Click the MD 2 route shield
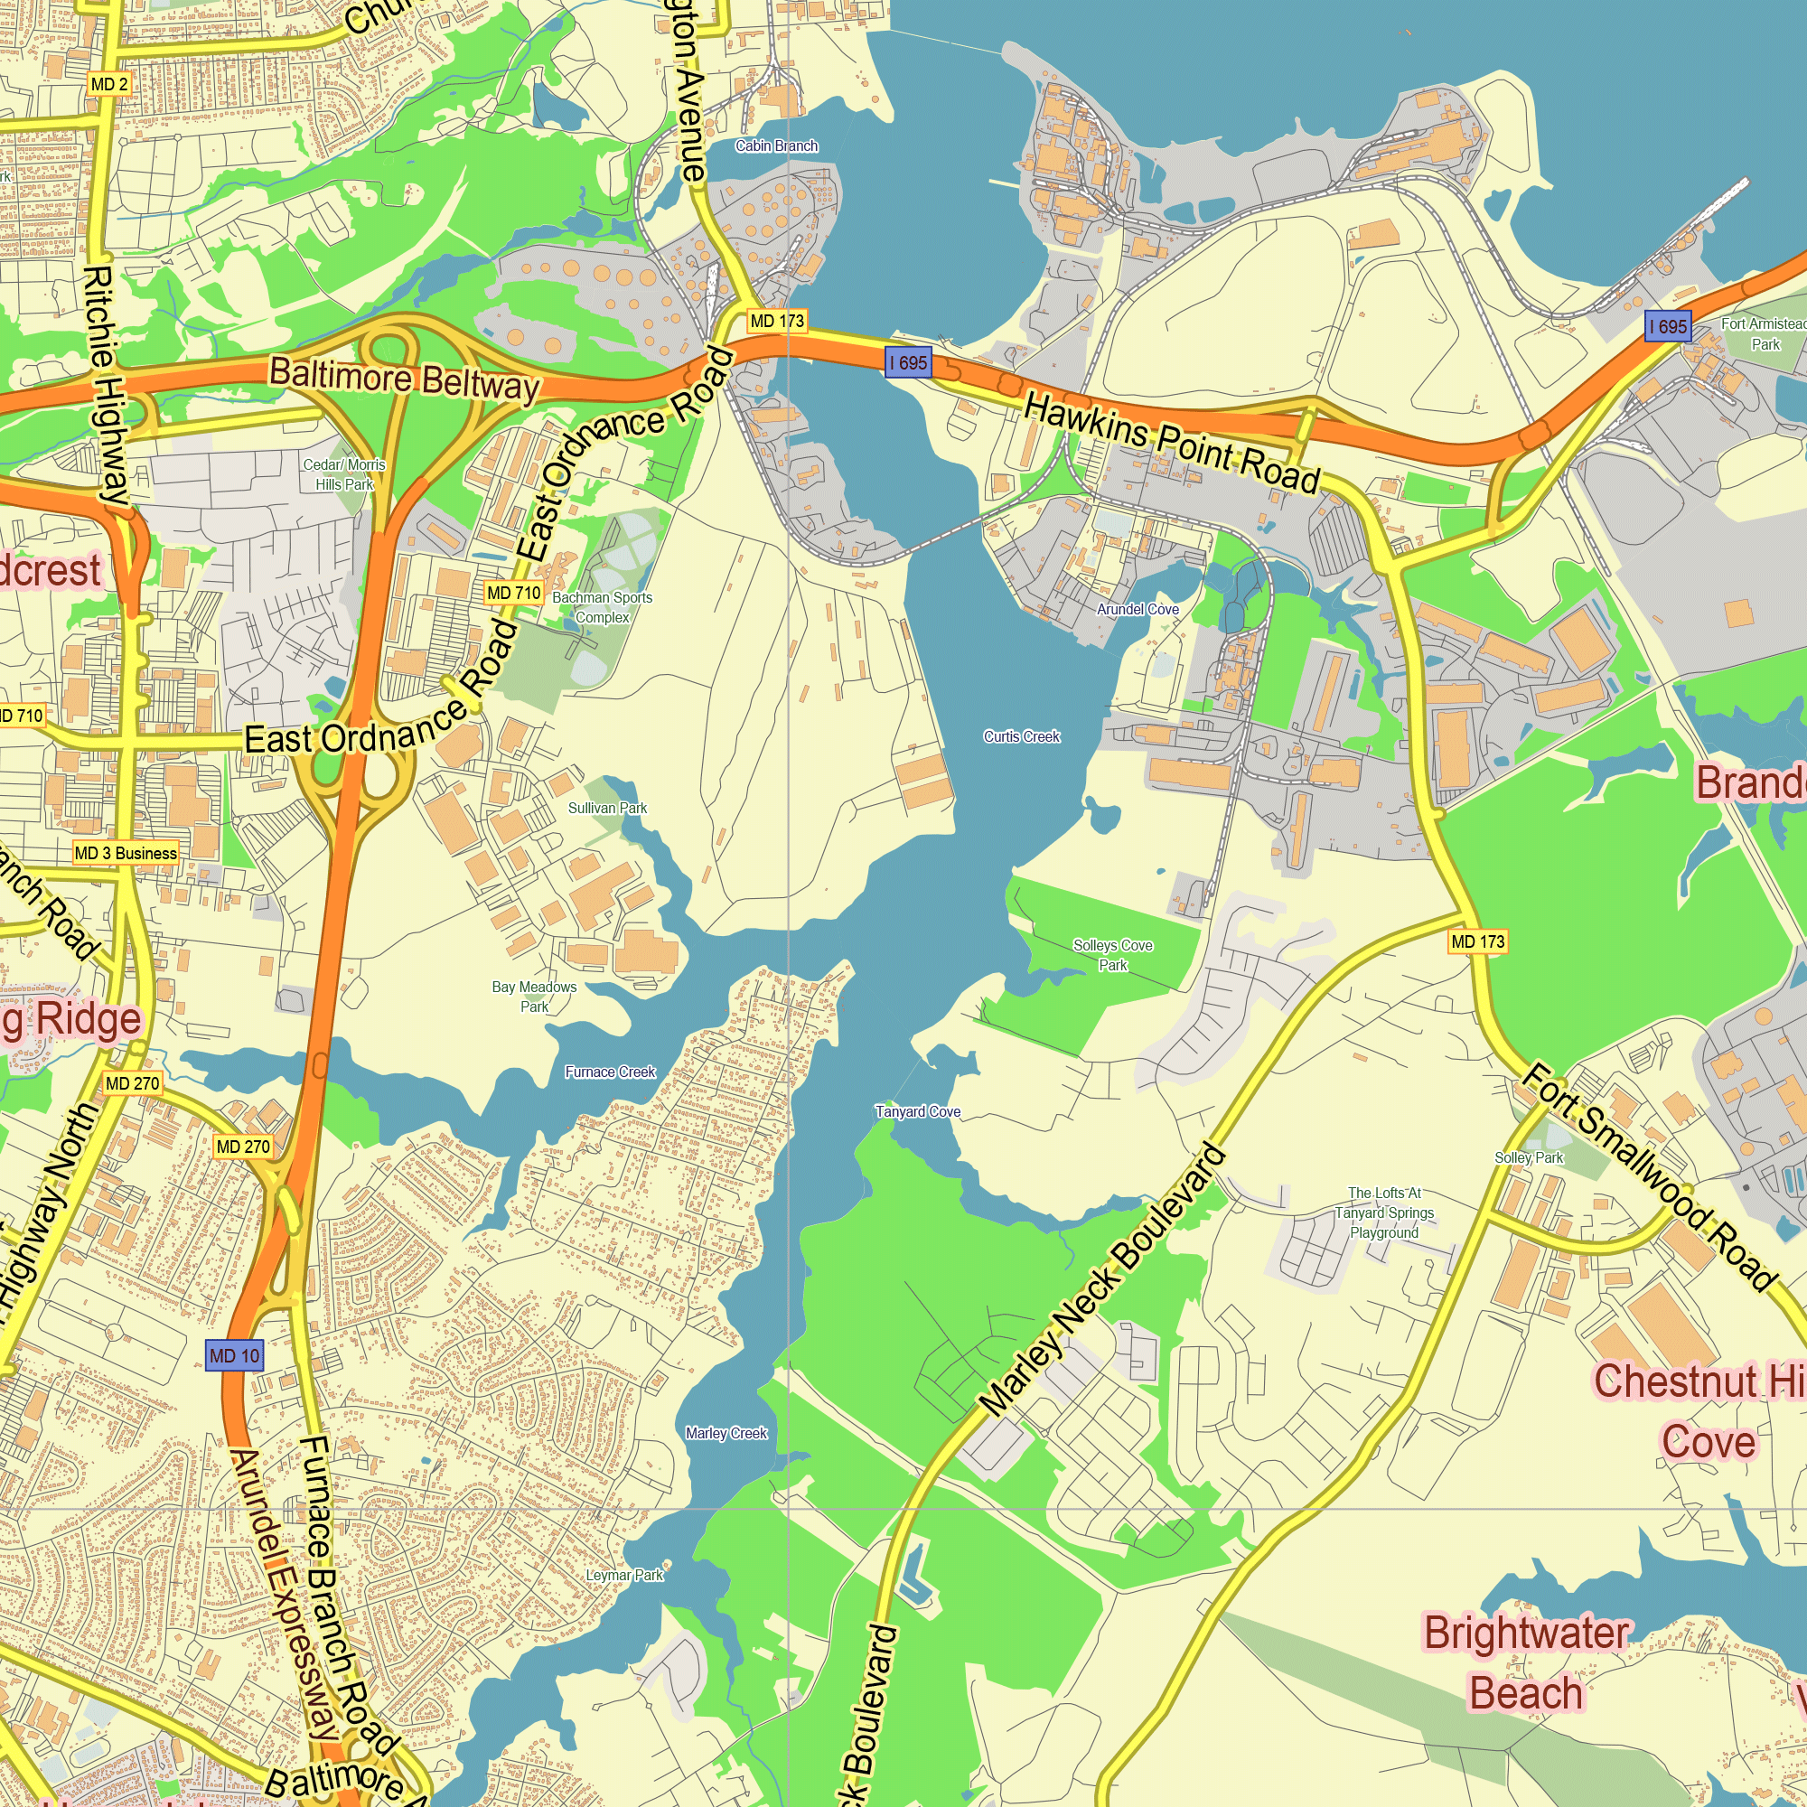109,84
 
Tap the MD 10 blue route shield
234,1355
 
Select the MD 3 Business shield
126,853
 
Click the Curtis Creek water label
1021,737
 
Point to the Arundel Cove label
1138,610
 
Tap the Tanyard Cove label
918,1112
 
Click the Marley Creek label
726,1434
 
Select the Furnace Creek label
610,1072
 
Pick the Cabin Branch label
776,145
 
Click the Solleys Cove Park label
1113,955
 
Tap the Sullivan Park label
607,808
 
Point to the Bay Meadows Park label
534,996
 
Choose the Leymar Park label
623,1576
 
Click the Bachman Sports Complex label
603,607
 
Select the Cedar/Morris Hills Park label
344,474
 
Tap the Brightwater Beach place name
1525,1664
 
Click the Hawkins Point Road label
1171,443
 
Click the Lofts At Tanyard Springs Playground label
1384,1213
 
